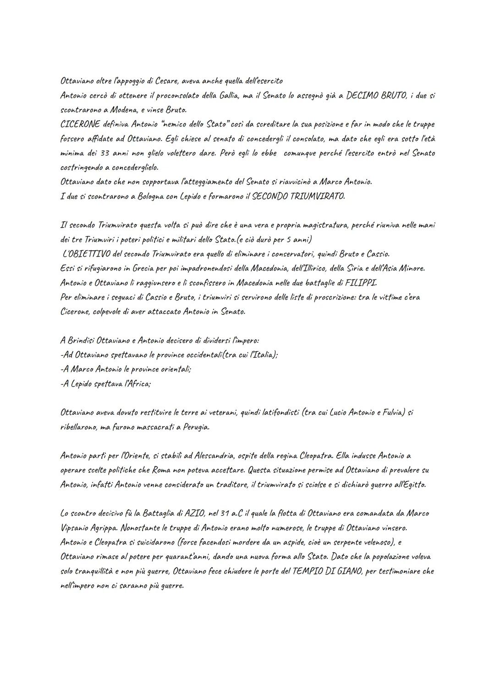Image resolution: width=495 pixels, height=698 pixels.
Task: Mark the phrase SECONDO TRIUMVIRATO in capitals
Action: coord(298,196)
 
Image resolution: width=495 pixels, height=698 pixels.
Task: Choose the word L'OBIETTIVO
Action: coord(86,254)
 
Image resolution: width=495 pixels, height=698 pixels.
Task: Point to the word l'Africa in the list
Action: coord(135,384)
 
